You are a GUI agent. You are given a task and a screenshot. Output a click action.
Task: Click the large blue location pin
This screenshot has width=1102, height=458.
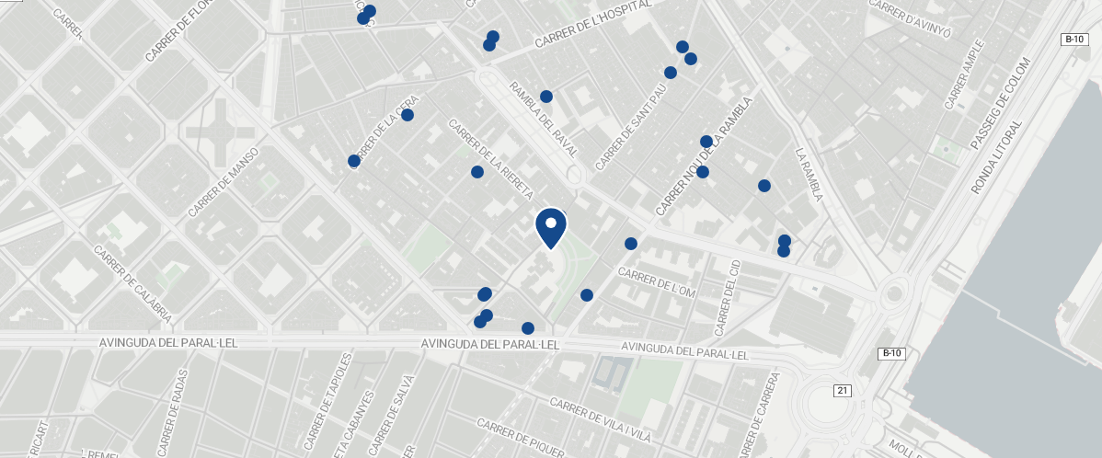point(550,226)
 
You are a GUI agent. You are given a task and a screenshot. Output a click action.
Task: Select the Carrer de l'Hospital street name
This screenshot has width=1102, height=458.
point(592,26)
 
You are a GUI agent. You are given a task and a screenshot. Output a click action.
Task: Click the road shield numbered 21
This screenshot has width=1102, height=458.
point(843,391)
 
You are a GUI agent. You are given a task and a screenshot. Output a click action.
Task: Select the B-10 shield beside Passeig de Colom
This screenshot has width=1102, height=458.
point(1074,39)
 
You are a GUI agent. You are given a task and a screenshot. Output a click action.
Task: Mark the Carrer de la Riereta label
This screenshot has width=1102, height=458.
point(490,160)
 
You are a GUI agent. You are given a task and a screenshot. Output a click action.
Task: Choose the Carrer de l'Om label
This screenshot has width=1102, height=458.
point(660,287)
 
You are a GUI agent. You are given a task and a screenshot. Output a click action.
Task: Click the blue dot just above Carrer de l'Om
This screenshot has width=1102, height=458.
point(631,244)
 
